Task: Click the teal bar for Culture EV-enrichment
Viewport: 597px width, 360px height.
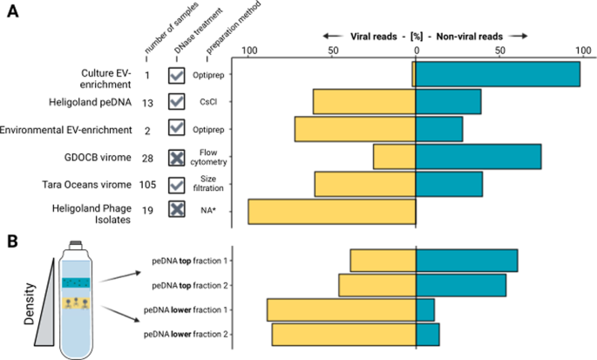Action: click(498, 75)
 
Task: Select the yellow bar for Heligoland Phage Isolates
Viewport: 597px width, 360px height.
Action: click(332, 213)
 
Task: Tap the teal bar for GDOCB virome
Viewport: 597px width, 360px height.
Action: click(478, 157)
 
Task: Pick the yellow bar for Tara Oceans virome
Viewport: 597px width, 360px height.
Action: click(365, 185)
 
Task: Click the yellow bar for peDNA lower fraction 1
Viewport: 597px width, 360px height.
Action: click(342, 310)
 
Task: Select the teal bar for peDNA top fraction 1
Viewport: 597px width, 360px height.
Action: click(466, 261)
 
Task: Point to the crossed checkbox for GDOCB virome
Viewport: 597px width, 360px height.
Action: click(178, 157)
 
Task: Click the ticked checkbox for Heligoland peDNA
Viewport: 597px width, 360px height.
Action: click(178, 102)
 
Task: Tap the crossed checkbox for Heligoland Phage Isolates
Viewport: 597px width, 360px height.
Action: click(178, 209)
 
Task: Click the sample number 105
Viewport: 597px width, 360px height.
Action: click(147, 185)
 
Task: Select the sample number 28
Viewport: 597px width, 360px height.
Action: click(147, 157)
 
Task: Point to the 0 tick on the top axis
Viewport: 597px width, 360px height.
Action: click(416, 50)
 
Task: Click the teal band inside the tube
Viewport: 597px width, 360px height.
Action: click(76, 282)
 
